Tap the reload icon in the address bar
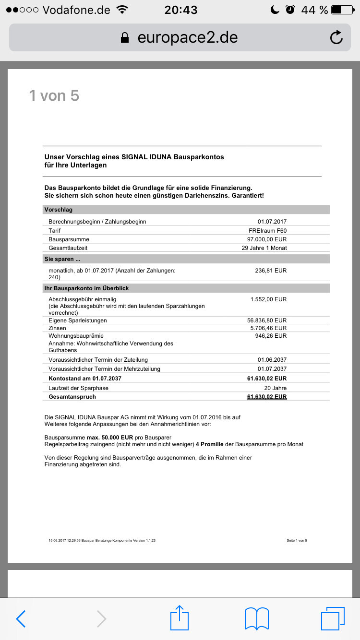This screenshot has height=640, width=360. click(336, 37)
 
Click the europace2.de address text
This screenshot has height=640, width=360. click(187, 37)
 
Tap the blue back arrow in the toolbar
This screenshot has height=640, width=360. click(21, 619)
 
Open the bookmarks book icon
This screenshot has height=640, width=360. click(256, 618)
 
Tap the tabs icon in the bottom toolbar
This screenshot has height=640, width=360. click(333, 618)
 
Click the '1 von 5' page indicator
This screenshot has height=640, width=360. click(54, 96)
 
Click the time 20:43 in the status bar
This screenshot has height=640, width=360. click(180, 10)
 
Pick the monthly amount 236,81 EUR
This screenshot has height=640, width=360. click(271, 271)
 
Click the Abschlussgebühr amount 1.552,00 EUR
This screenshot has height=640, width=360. click(268, 299)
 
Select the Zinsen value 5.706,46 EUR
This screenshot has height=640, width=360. click(266, 328)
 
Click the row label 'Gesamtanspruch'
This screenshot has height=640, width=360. click(72, 397)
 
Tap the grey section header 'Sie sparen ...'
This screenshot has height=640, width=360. click(62, 259)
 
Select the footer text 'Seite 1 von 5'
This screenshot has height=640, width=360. click(297, 541)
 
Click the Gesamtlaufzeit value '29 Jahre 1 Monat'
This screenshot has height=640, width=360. click(264, 248)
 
